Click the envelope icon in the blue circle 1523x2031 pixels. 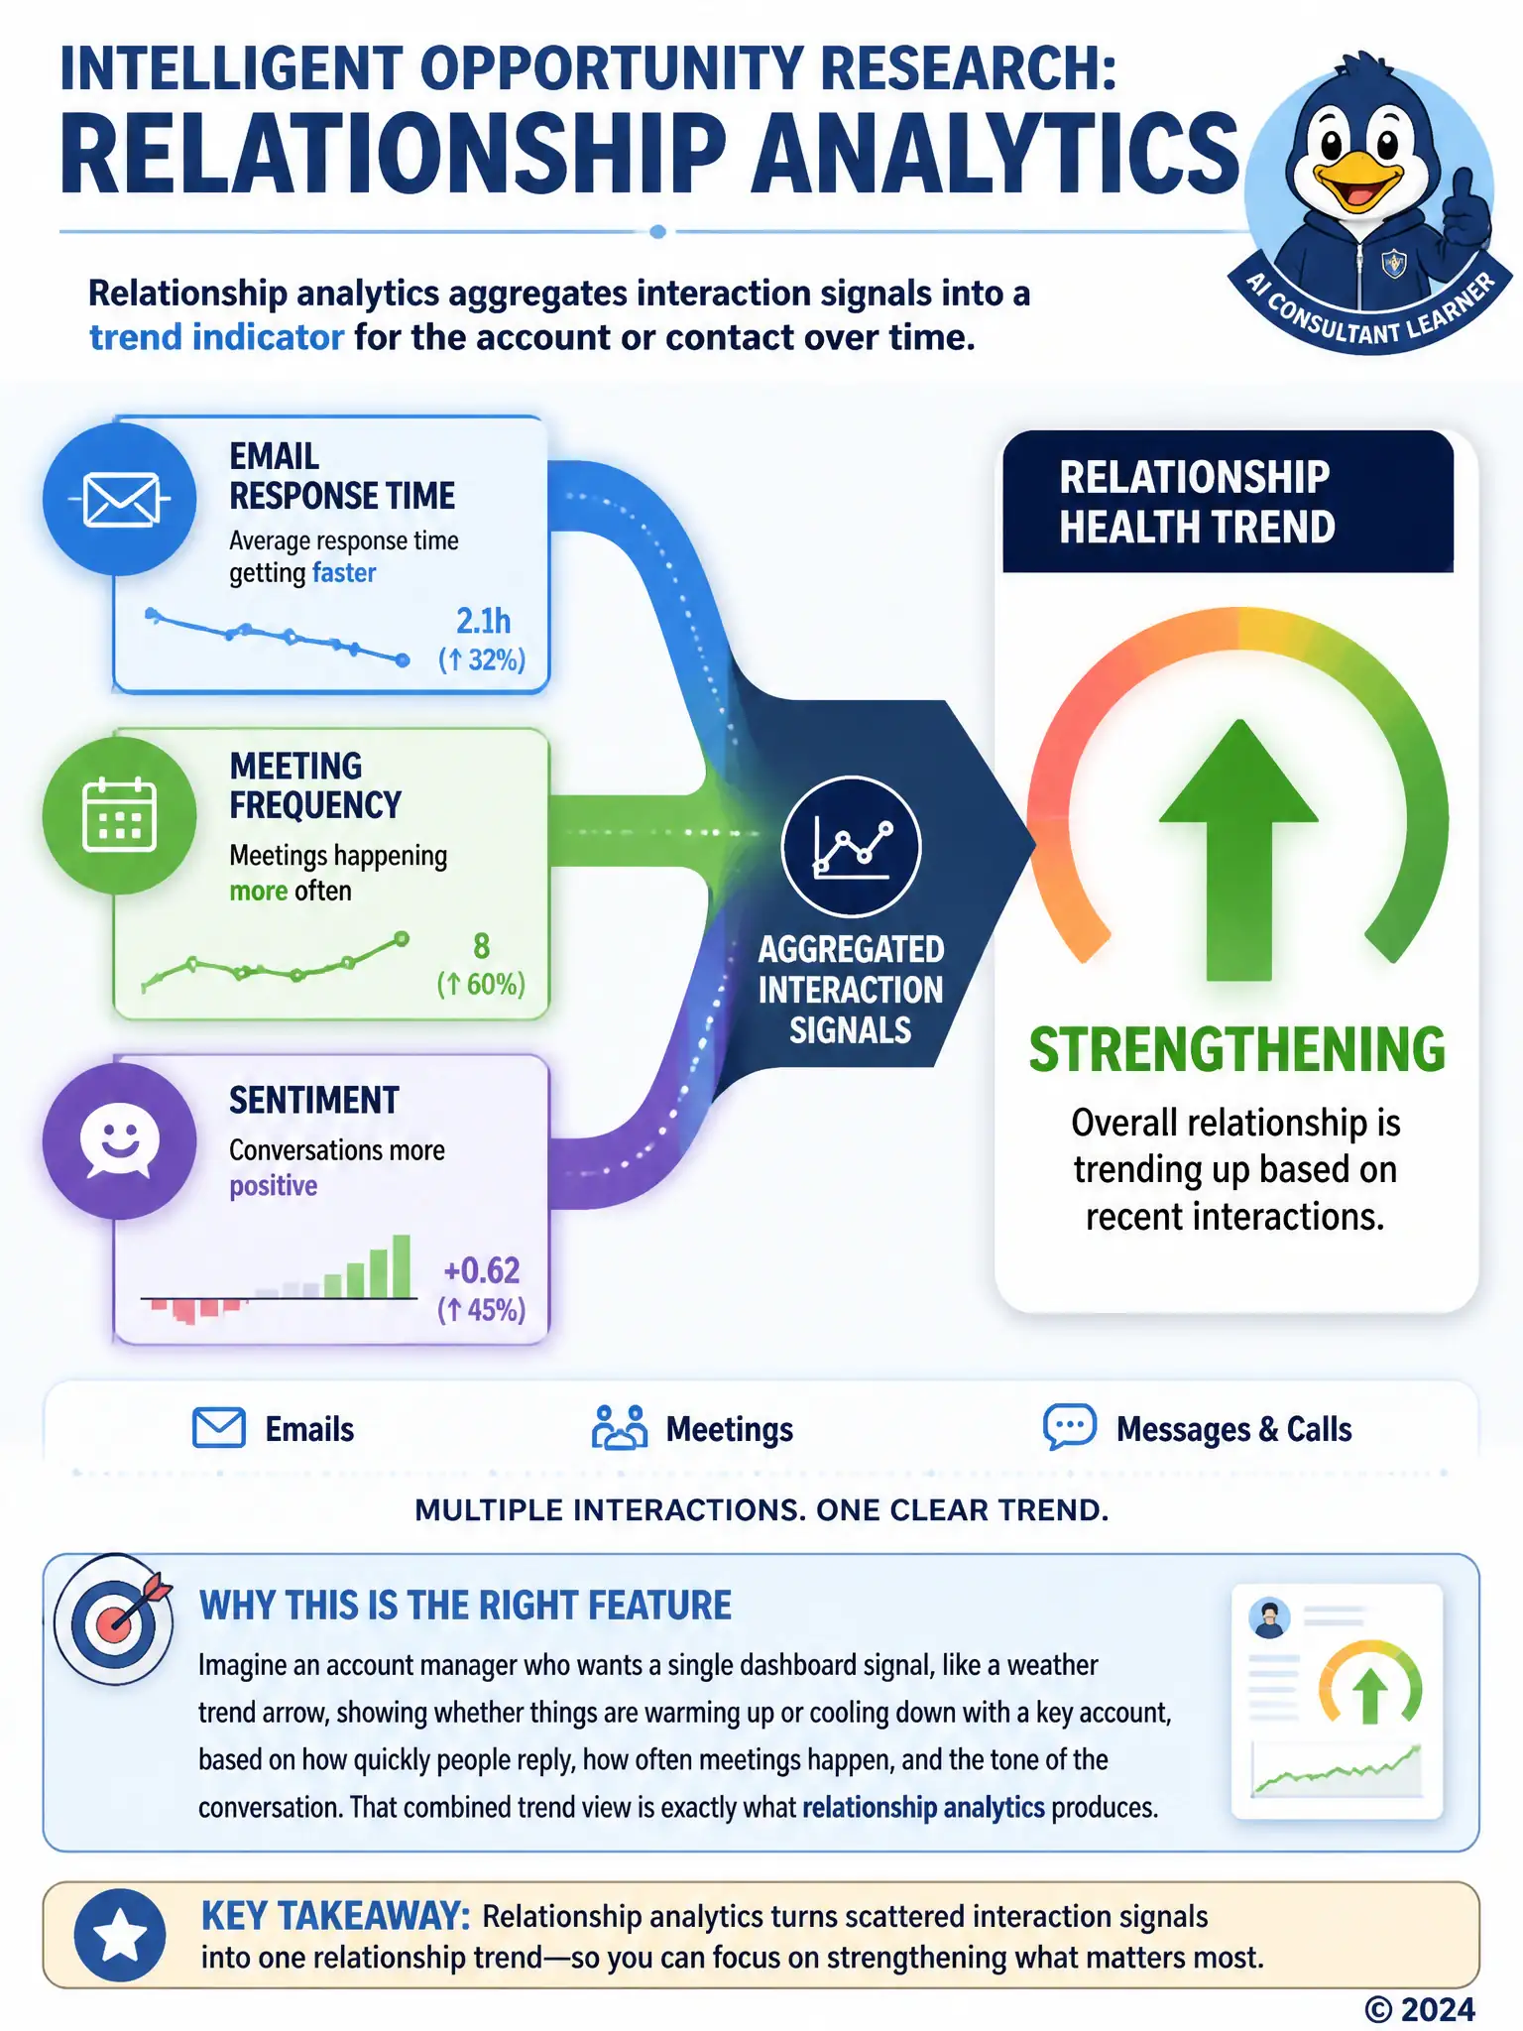[120, 500]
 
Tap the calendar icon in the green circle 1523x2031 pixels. [120, 815]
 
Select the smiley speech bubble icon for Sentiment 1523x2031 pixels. [120, 1140]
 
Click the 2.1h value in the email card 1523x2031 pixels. [483, 621]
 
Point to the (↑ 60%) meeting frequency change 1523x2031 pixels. [481, 984]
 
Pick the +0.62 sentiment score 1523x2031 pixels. [482, 1270]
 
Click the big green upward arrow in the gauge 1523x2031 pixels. [1238, 850]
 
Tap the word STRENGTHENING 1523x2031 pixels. [1236, 1049]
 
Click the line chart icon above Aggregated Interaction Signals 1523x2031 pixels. [852, 846]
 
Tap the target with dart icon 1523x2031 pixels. [113, 1618]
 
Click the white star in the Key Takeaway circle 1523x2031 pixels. [120, 1935]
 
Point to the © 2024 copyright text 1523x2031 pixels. [1420, 2009]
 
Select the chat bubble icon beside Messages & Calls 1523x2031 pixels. [1070, 1427]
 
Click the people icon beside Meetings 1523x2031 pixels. [620, 1428]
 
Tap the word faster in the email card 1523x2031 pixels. [344, 573]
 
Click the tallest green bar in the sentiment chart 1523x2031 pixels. [402, 1266]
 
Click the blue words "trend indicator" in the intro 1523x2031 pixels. [216, 337]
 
